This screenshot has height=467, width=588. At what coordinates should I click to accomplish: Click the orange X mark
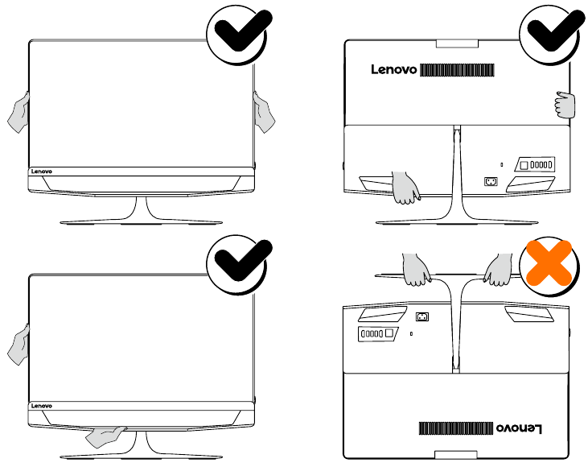pos(549,262)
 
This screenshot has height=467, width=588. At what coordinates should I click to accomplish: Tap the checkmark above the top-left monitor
pos(243,30)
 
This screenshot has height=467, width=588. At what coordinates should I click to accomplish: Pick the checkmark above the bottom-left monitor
pos(243,260)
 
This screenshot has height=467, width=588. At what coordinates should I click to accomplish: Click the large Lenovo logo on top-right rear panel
pos(394,69)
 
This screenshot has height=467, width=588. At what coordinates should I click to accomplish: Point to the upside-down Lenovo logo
pos(519,428)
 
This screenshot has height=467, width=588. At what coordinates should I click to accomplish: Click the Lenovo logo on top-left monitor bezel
pos(42,172)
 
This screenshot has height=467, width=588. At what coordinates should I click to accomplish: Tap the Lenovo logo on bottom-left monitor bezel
pos(42,406)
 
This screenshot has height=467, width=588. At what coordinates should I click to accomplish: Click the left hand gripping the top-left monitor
pos(19,113)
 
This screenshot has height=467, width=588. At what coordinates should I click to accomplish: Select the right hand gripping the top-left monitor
pos(264,113)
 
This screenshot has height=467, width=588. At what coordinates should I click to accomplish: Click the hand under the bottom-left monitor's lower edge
pos(105,436)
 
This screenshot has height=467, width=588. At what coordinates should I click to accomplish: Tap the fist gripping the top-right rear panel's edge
pos(565,105)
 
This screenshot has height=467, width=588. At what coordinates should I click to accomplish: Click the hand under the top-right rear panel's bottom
pos(405,188)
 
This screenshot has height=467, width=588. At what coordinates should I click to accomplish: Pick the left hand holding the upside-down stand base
pos(417,269)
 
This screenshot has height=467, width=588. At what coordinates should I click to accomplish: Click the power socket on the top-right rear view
pos(491,182)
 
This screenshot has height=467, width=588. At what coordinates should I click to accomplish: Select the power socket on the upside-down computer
pos(422,317)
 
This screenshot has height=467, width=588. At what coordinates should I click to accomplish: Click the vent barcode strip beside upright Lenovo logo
pos(457,70)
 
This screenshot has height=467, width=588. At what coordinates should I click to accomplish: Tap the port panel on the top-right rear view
pos(535,164)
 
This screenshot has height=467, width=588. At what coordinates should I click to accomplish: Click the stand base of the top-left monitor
pos(141,221)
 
